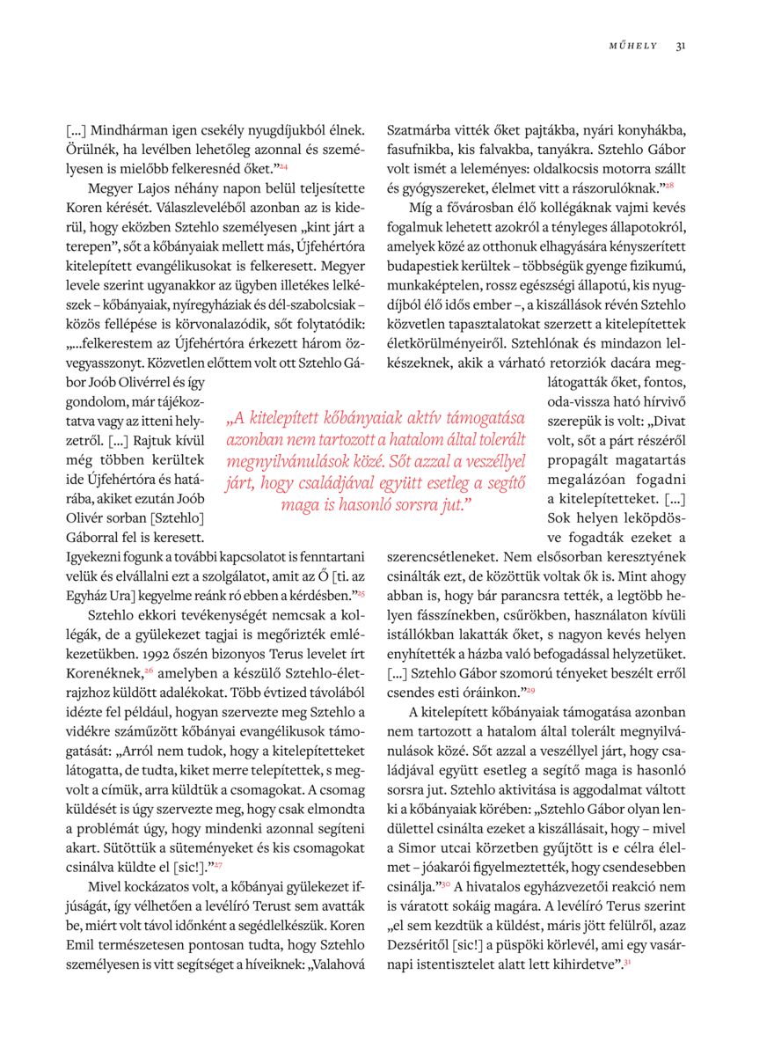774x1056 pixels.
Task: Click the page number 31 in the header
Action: (681, 46)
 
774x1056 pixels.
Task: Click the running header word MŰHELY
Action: (633, 46)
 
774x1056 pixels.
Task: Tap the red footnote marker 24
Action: (284, 165)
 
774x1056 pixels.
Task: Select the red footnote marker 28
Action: (668, 186)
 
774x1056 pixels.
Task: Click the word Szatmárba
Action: (419, 129)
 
